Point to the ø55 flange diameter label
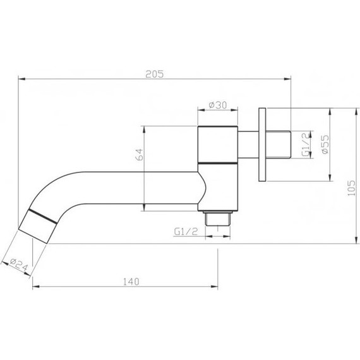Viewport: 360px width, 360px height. point(323,145)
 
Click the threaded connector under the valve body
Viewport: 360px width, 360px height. point(218,218)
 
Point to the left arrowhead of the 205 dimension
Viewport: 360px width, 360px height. point(21,80)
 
